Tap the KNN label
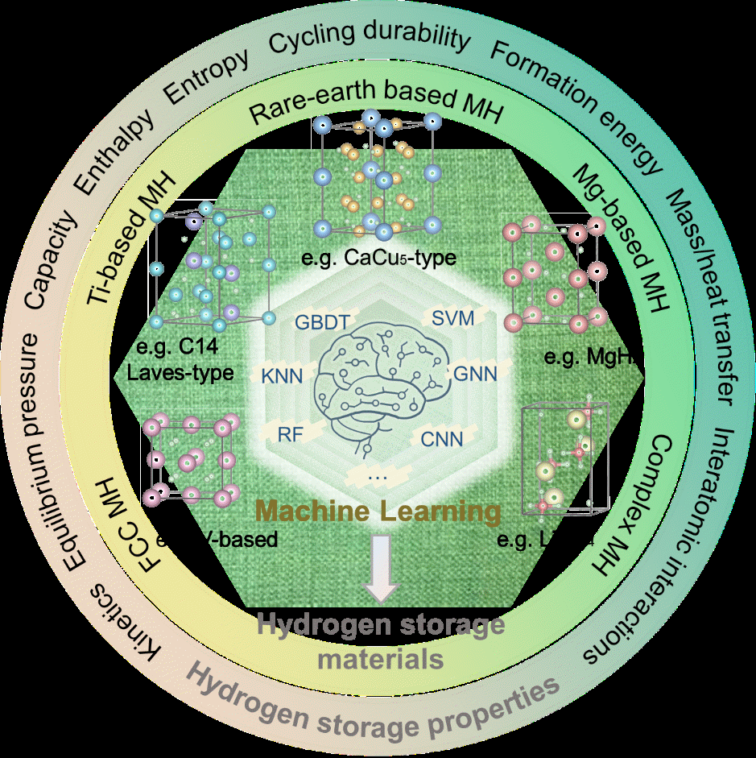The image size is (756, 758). coord(279,375)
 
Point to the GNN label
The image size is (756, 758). coord(475,374)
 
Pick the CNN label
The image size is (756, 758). coord(440,439)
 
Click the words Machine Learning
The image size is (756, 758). coord(378,511)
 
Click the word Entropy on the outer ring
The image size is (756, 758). coord(206,79)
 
